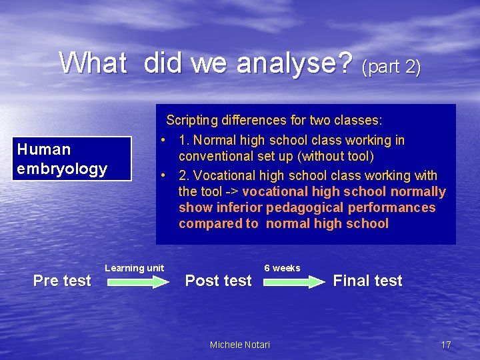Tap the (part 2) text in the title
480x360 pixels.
pos(391,67)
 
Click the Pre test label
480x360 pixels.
pos(62,281)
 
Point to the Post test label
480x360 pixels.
pos(219,281)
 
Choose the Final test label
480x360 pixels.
pos(367,281)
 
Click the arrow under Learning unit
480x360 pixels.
pos(139,282)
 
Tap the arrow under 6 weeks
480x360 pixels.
pos(294,282)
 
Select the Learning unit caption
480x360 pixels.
pos(134,268)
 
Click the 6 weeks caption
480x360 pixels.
pos(282,268)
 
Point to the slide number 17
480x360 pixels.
pos(446,345)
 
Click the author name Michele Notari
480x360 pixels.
pos(240,345)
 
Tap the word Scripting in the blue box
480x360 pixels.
pos(192,121)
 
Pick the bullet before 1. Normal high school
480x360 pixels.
pos(163,141)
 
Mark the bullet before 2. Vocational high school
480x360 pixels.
pos(163,176)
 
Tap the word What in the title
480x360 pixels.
pos(93,64)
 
